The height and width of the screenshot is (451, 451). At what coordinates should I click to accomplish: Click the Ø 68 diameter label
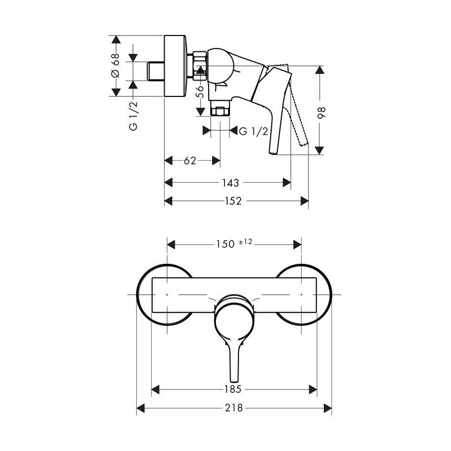click(116, 65)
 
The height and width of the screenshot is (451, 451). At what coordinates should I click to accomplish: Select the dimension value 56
click(200, 91)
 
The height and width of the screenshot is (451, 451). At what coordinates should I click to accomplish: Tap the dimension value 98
click(321, 113)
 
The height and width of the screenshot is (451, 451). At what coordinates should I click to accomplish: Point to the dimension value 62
click(190, 161)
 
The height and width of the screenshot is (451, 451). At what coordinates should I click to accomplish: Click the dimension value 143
click(231, 183)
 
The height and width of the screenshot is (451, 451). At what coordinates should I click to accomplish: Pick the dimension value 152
click(233, 201)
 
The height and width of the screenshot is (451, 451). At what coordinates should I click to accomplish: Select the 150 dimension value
click(225, 244)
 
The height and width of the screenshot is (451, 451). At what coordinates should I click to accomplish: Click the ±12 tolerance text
click(245, 242)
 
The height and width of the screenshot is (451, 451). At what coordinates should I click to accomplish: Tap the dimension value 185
click(233, 389)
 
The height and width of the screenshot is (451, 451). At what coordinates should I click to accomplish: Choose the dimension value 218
click(234, 408)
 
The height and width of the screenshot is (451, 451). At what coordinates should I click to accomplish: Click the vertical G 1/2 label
click(134, 116)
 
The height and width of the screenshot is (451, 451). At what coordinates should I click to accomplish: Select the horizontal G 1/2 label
click(253, 131)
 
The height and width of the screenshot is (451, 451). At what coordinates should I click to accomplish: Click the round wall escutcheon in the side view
click(175, 66)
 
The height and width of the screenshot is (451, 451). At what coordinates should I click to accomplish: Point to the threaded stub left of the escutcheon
click(156, 72)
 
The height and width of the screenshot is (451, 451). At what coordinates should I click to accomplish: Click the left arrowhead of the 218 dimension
click(140, 408)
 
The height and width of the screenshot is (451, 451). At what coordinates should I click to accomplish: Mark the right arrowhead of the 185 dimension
click(313, 390)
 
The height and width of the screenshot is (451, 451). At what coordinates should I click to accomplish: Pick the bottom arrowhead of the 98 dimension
click(319, 151)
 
